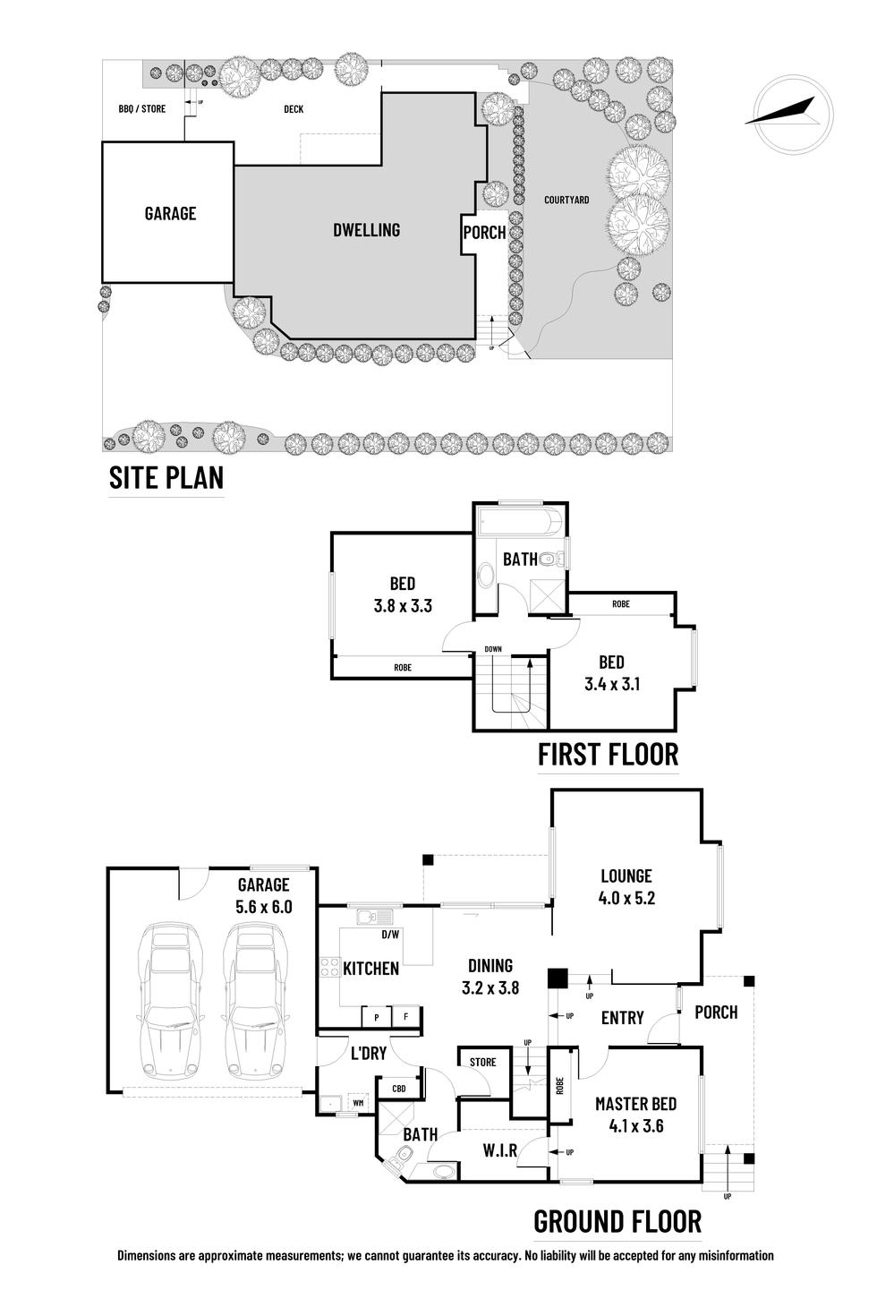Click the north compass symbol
point(794,120)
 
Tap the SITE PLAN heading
point(166,478)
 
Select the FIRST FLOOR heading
point(608,755)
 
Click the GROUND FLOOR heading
point(617,1221)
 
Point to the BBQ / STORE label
point(141,109)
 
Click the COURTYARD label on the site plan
point(566,200)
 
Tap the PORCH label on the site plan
point(484,233)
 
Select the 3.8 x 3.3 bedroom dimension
point(403,606)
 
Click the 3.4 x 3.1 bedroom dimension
point(611,685)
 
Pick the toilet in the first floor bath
point(558,559)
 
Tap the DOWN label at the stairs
point(492,649)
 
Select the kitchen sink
point(368,917)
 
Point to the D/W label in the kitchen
point(389,936)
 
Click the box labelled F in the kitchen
point(405,1017)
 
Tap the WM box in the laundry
point(358,1103)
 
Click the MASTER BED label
point(635,1104)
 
